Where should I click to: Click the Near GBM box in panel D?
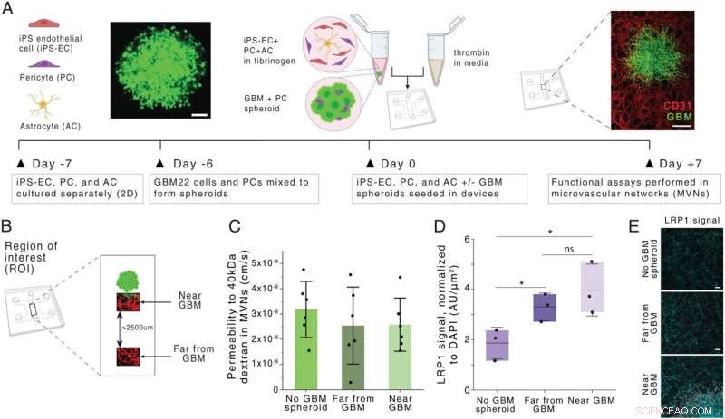592,287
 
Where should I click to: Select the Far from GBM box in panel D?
545,308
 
